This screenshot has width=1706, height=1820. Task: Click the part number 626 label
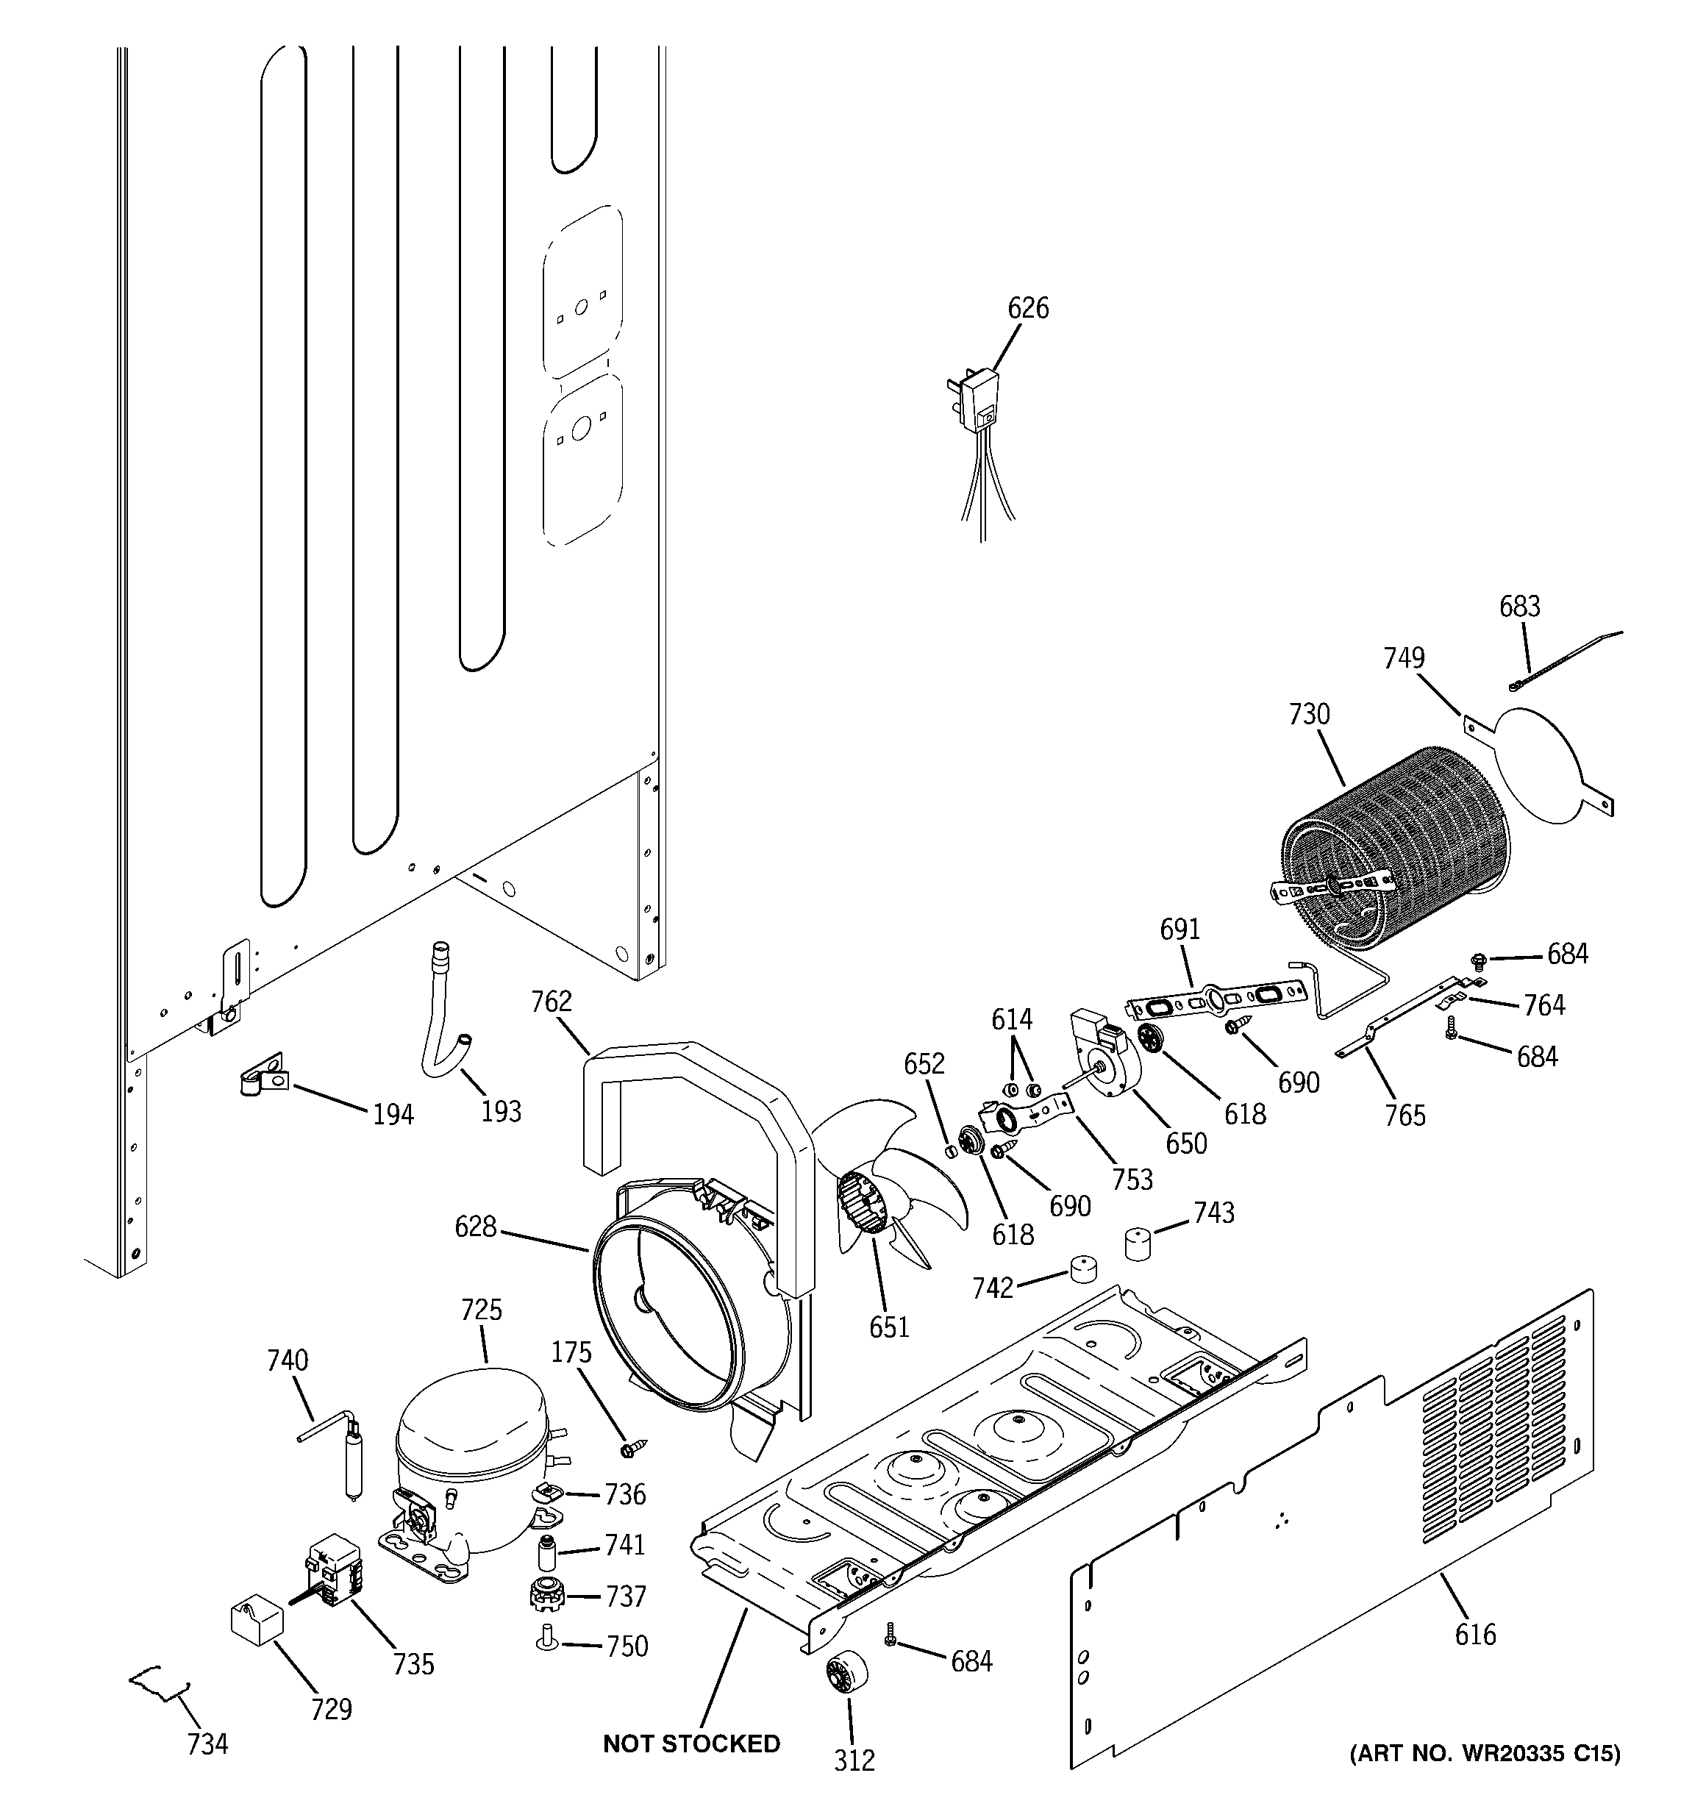(x=1027, y=309)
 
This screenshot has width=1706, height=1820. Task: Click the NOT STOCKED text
(x=691, y=1744)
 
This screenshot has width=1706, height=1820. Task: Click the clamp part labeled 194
(x=263, y=1076)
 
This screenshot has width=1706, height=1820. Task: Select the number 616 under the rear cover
(x=1475, y=1634)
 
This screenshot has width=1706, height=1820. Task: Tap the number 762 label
(x=552, y=1002)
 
